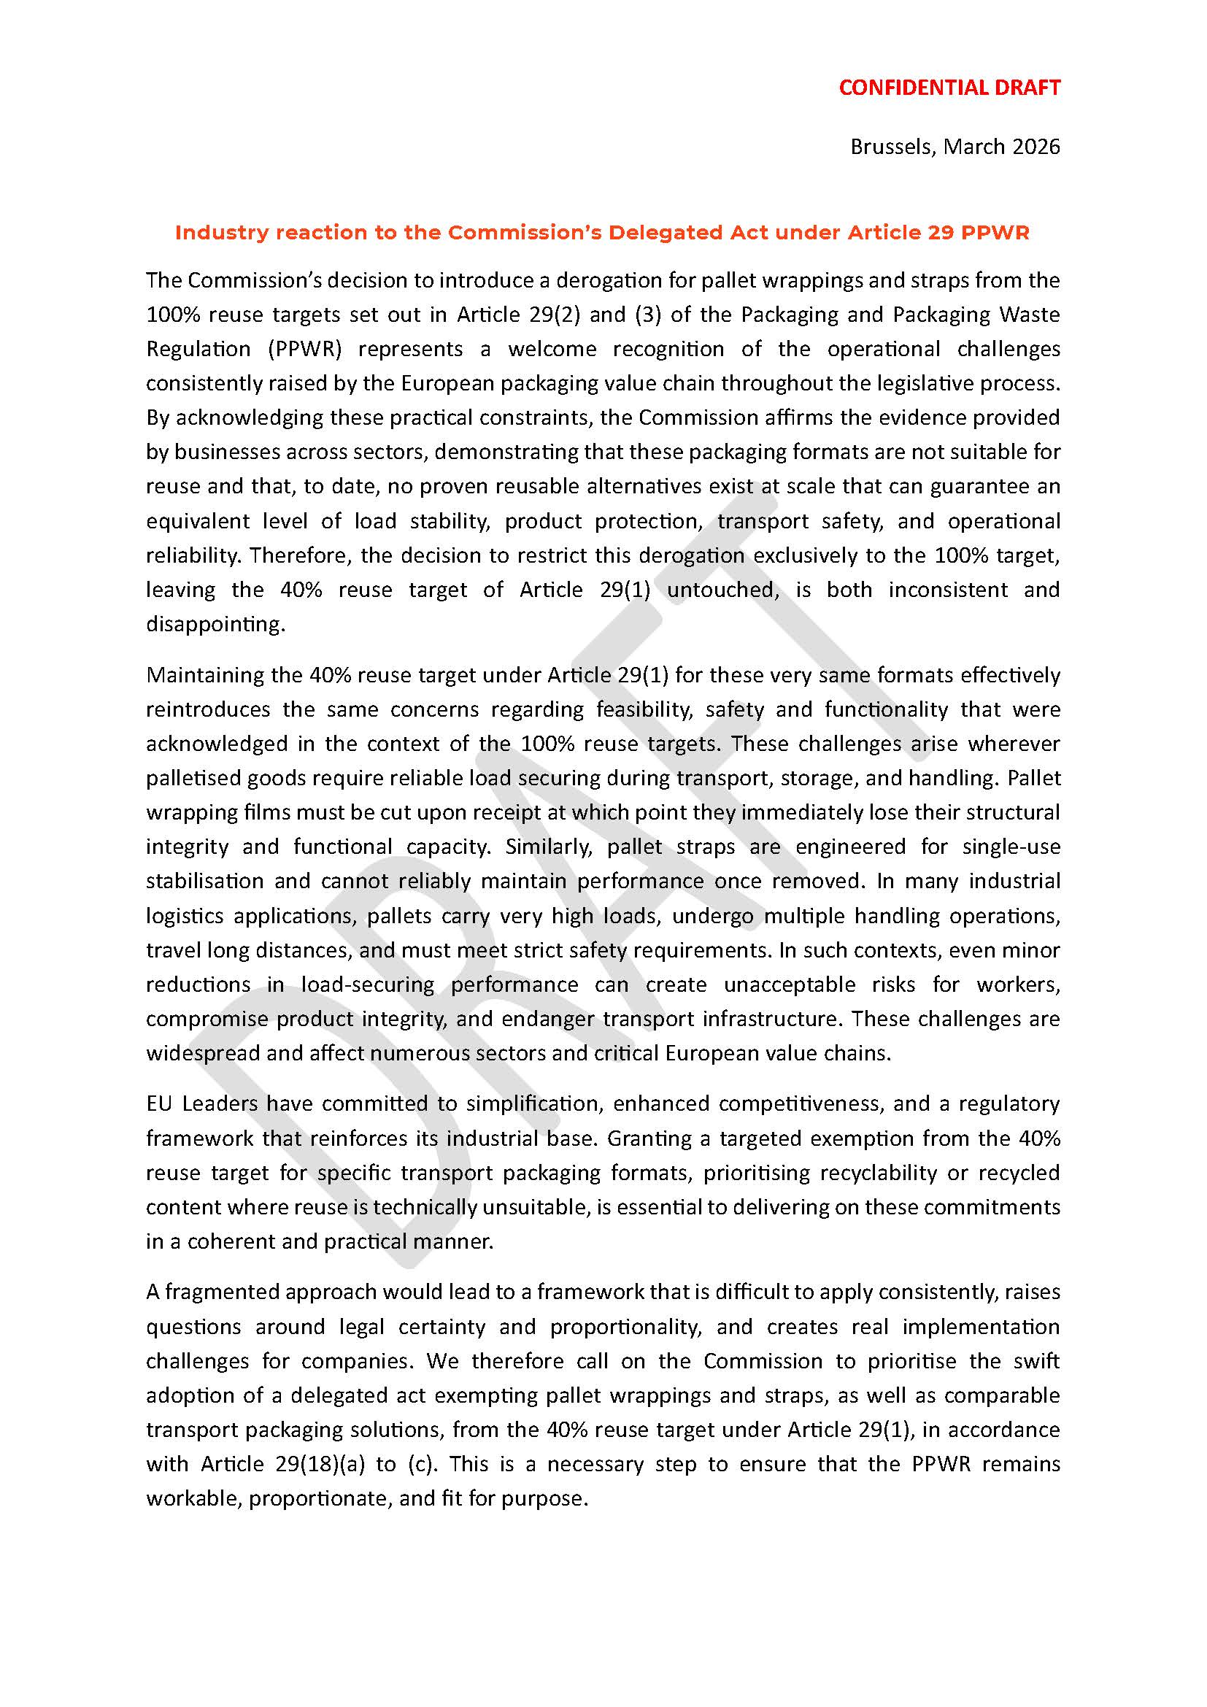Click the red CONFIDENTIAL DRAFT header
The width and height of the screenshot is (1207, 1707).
point(949,88)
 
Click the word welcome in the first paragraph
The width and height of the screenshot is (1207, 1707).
point(552,349)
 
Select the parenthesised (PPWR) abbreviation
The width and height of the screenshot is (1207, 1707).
point(304,349)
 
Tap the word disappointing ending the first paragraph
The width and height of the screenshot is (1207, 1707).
point(215,624)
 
